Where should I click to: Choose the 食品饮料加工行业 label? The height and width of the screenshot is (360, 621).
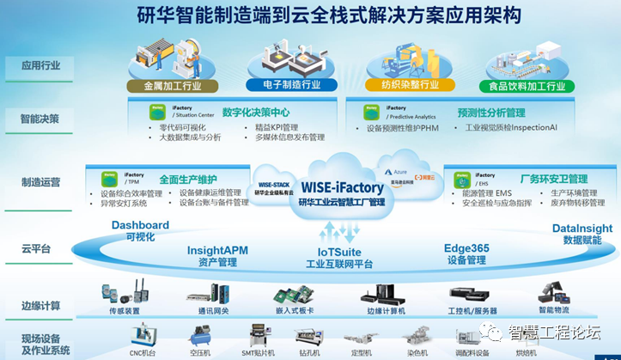(x=527, y=86)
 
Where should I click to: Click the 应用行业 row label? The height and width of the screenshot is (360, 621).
(x=41, y=65)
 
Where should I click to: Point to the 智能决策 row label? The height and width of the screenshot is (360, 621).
(x=41, y=119)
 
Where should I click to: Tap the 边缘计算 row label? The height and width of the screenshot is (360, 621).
(x=41, y=306)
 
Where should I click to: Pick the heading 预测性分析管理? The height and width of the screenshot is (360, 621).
(x=491, y=113)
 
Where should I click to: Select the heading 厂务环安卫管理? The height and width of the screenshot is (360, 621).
(x=554, y=179)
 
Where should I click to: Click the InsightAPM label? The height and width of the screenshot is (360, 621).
(x=217, y=250)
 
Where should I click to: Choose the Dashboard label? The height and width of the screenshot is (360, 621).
(x=140, y=225)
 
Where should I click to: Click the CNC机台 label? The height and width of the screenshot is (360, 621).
(x=143, y=352)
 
